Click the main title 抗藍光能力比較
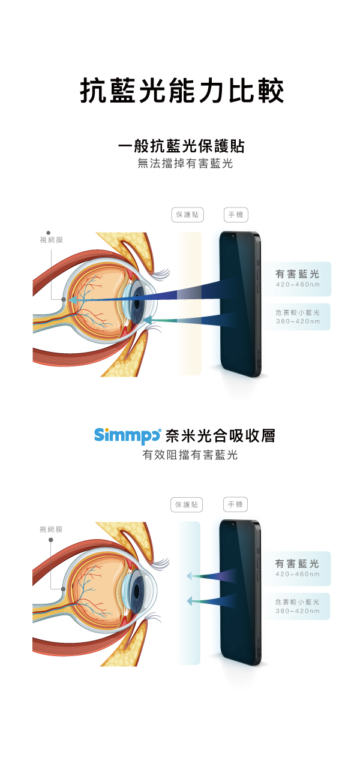pos(181,92)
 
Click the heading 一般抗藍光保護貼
pos(181,146)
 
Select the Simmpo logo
pos(127,435)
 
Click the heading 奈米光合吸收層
pos(220,436)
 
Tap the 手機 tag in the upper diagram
pos(236,215)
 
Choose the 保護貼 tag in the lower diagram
pos(187,505)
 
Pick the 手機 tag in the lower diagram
pos(235,504)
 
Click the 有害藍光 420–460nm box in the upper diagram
pos(298,278)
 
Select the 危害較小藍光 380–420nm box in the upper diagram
pos(298,317)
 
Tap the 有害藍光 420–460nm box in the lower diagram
pos(298,568)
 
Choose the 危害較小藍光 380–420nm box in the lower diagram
pos(298,606)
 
